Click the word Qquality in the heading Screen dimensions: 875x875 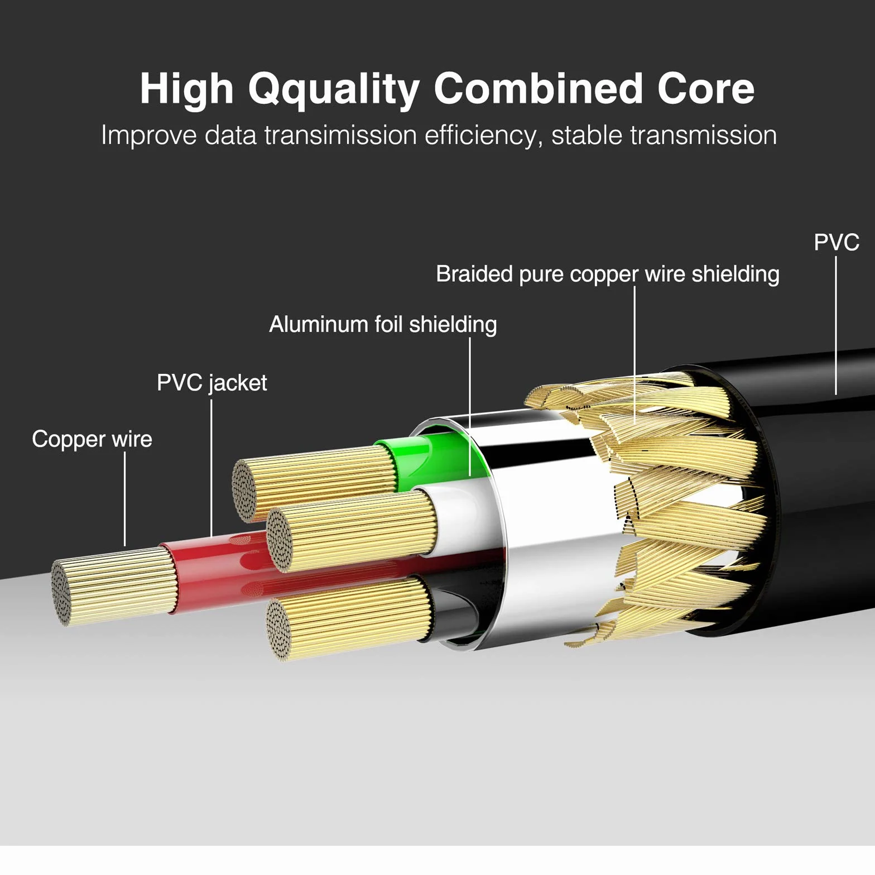[x=333, y=90]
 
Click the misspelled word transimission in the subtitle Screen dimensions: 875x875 [x=340, y=136]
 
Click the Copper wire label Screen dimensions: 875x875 [x=92, y=440]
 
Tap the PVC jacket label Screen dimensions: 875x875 [x=212, y=383]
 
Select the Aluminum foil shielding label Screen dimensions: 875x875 [x=383, y=324]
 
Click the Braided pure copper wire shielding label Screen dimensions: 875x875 [x=608, y=275]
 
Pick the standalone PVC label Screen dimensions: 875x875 [x=836, y=242]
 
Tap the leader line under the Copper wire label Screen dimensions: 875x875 [x=125, y=499]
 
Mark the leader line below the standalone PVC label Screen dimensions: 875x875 [x=836, y=325]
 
